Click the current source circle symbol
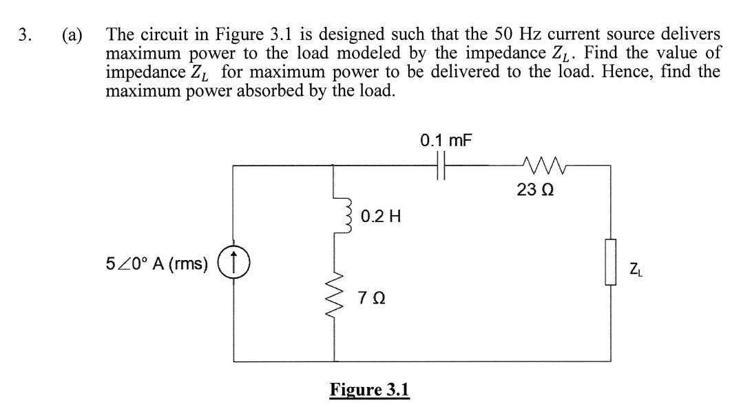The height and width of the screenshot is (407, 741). [234, 263]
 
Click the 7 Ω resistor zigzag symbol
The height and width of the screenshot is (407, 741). [335, 299]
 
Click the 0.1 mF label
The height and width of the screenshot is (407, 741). [446, 141]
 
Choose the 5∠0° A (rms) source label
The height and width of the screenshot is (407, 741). [157, 264]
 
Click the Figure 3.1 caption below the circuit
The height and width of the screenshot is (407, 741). [369, 390]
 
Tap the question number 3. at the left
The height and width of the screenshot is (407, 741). [25, 35]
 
